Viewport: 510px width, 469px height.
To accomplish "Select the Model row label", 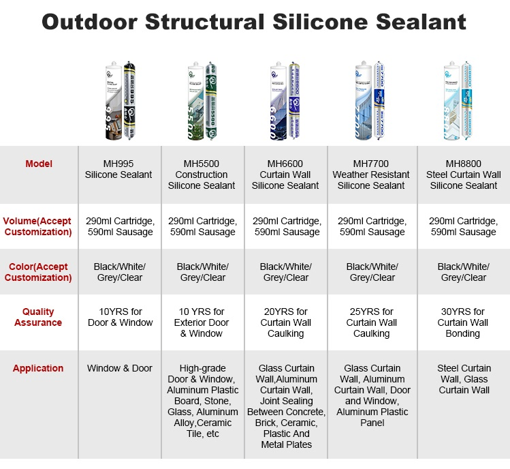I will point(38,164).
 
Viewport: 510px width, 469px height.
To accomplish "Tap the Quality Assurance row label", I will point(38,317).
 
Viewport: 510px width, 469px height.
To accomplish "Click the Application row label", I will point(38,368).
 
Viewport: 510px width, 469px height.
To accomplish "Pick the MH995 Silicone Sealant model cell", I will point(119,169).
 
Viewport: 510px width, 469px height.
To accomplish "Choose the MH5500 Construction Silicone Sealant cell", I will point(202,175).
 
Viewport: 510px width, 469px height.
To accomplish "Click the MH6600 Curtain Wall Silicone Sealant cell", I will point(285,175).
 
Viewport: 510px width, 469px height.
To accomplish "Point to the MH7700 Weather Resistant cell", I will point(371,175).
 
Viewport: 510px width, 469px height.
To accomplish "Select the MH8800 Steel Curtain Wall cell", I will point(463,175).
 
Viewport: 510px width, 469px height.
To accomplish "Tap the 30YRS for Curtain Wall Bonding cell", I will point(463,322).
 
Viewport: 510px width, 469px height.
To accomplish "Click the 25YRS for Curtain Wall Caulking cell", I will point(371,322).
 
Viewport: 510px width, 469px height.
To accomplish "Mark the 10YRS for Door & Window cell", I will point(120,317).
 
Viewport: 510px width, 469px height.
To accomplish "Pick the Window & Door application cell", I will point(120,368).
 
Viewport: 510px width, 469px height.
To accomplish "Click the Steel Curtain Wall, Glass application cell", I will point(463,379).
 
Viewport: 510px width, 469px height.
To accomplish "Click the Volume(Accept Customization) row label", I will point(38,226).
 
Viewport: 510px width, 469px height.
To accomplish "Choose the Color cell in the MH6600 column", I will point(285,272).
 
